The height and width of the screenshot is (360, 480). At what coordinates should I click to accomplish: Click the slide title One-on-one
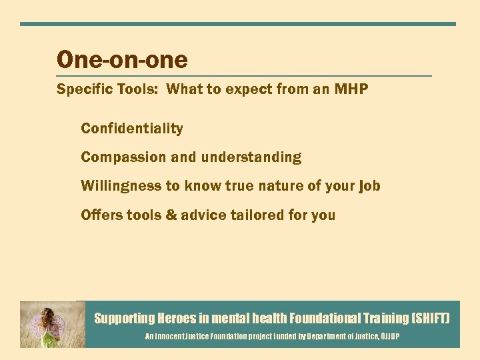pyautogui.click(x=122, y=60)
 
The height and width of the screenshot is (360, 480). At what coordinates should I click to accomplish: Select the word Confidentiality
pyautogui.click(x=132, y=129)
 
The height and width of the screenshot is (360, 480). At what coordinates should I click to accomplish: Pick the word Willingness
pyautogui.click(x=121, y=186)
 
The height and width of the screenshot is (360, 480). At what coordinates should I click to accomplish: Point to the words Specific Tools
pyautogui.click(x=108, y=89)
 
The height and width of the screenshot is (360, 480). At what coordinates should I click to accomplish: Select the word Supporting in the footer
pyautogui.click(x=123, y=319)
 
